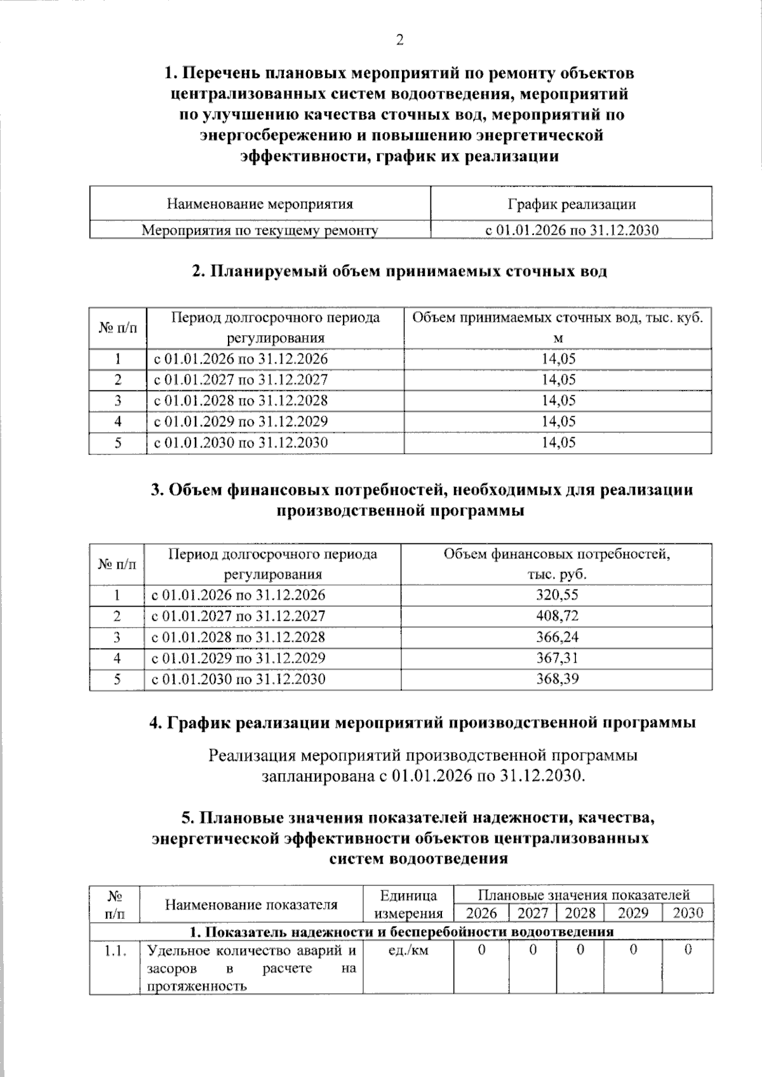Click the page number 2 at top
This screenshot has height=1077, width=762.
[x=399, y=40]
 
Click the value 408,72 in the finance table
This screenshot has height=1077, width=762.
[x=557, y=616]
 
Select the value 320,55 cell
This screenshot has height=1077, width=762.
[x=557, y=595]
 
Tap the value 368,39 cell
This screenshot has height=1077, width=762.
[x=557, y=678]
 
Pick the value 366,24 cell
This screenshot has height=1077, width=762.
[x=557, y=637]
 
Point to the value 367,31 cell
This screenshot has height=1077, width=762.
[x=557, y=657]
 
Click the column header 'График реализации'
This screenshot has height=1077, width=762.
[x=571, y=204]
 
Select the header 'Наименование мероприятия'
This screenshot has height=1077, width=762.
[x=260, y=204]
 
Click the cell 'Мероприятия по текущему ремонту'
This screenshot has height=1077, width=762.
[x=260, y=230]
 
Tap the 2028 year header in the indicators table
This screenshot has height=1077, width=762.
[x=580, y=913]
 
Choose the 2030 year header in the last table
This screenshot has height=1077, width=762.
[x=688, y=913]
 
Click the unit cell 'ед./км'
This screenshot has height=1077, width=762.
[x=408, y=951]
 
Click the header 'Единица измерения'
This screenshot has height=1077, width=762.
[x=408, y=904]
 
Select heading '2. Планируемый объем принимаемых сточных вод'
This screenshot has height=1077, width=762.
[x=399, y=272]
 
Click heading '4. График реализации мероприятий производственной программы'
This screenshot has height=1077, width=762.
[x=422, y=723]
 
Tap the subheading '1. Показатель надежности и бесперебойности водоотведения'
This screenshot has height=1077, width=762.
[x=401, y=932]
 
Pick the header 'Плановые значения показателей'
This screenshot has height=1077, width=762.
[x=584, y=895]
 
